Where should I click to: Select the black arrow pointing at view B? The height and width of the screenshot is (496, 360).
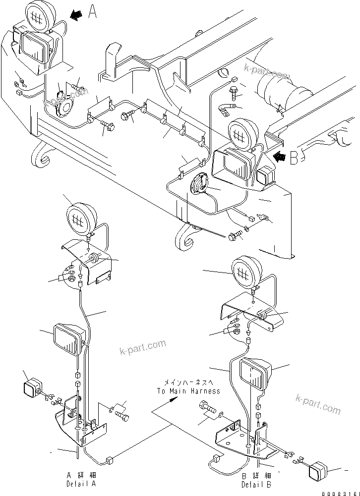point(279,157)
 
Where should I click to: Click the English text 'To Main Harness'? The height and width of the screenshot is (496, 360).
point(189,390)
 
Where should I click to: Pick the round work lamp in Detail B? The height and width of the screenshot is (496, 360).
point(246,271)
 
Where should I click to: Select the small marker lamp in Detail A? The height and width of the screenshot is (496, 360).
point(32,388)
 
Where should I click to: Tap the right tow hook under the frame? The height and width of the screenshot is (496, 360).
point(184,240)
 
